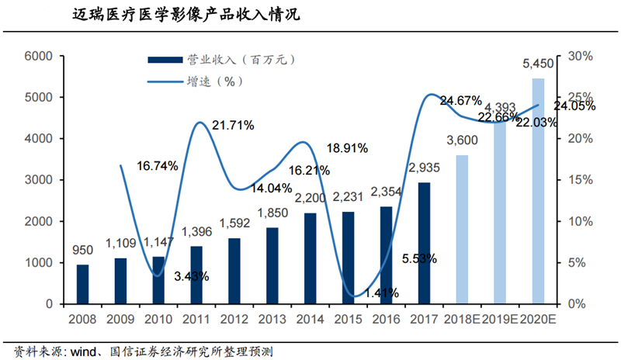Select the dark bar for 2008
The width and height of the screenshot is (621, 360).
(x=82, y=284)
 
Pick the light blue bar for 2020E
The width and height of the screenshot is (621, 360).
(x=537, y=191)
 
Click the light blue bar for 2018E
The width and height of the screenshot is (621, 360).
(x=462, y=230)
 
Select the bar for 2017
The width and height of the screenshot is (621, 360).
(x=424, y=243)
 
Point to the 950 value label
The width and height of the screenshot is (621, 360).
(x=82, y=251)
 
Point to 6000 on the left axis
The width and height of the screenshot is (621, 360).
(x=37, y=57)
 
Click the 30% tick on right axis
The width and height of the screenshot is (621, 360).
(x=581, y=57)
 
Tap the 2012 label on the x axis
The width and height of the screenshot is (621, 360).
(x=234, y=320)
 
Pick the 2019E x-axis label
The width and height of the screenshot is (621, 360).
(x=500, y=320)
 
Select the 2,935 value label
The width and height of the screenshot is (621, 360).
(x=425, y=168)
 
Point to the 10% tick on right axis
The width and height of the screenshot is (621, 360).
(x=581, y=221)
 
